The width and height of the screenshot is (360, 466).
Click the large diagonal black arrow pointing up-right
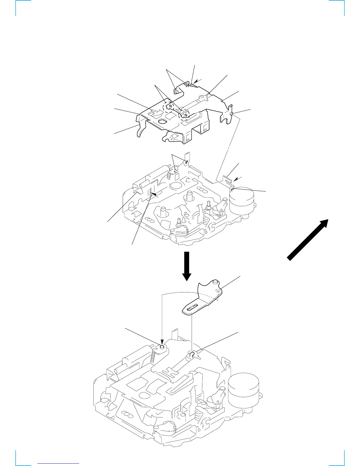point(308,240)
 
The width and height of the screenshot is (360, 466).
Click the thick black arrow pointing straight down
point(186,266)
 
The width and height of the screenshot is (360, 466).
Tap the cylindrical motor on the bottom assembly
point(244,391)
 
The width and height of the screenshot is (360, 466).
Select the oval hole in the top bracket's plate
point(162,121)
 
